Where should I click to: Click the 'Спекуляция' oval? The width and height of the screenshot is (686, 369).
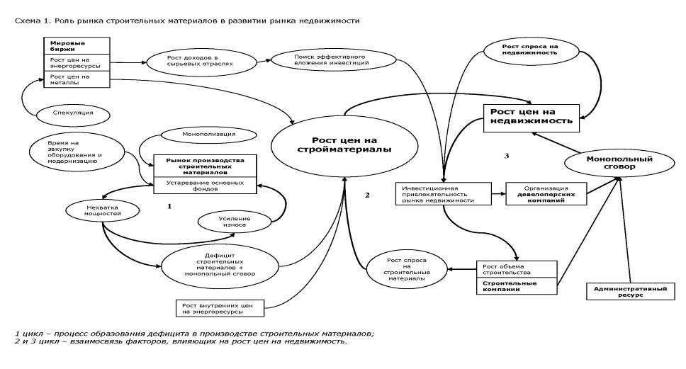click(74, 112)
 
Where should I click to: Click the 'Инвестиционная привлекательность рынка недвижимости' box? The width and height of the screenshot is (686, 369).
click(442, 193)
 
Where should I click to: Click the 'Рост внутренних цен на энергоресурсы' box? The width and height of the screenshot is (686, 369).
click(219, 308)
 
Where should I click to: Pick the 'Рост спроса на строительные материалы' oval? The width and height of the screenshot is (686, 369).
click(407, 268)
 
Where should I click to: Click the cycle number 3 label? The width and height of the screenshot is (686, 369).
click(505, 156)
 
